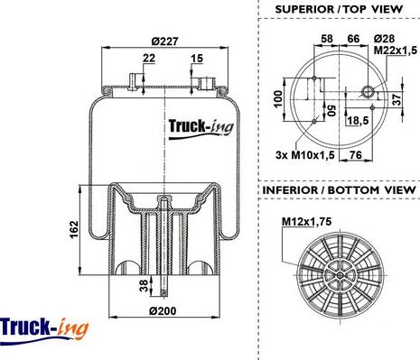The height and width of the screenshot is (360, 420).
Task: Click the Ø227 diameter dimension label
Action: pyautogui.click(x=165, y=42)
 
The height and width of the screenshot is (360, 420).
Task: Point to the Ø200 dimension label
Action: pyautogui.click(x=163, y=311)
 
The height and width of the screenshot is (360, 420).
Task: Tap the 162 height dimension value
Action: pyautogui.click(x=74, y=229)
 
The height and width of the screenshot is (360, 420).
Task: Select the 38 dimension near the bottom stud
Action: pyautogui.click(x=145, y=285)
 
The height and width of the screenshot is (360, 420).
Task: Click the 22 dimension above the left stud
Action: pyautogui.click(x=149, y=58)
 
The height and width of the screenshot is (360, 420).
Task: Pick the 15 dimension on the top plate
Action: pyautogui.click(x=197, y=58)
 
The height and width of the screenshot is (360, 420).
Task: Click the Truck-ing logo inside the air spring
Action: pyautogui.click(x=201, y=128)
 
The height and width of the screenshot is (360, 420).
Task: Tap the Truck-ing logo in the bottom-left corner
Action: pyautogui.click(x=44, y=330)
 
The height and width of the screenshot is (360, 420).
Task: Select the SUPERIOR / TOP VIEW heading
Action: pyautogui.click(x=339, y=9)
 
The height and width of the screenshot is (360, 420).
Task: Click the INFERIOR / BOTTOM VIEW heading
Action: pyautogui.click(x=339, y=190)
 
